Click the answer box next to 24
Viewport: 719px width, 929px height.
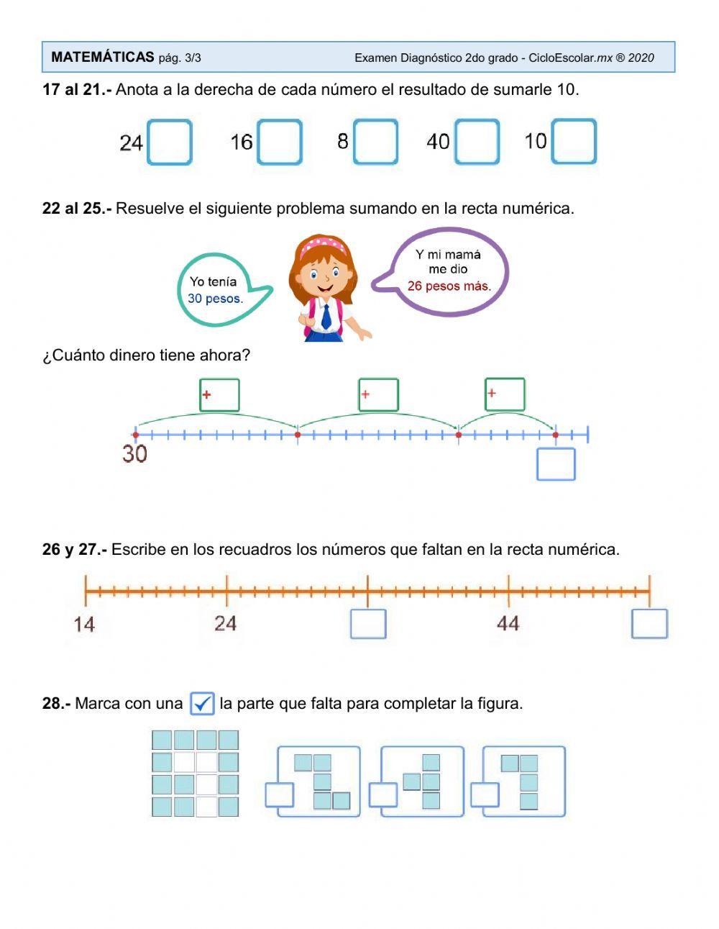coord(170,142)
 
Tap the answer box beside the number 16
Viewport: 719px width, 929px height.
coord(280,142)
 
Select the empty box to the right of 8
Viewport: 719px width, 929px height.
coord(375,142)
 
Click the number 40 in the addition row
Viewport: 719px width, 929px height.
coord(438,141)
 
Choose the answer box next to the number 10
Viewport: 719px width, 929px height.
coord(574,142)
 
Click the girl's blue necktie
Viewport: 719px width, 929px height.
coord(326,316)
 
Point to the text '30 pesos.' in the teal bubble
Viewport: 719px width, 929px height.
coord(215,299)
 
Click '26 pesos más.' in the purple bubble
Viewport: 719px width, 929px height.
coord(449,286)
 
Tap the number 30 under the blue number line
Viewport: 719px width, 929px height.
coord(134,454)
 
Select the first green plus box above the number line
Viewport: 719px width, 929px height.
coord(219,395)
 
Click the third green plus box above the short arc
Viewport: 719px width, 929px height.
coord(505,394)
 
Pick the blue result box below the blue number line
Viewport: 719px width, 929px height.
coord(556,464)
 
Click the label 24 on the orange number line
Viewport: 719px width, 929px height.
coord(225,623)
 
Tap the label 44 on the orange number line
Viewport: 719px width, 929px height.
coord(508,623)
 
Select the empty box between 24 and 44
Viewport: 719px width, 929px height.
coord(368,624)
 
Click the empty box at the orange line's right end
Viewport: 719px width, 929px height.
coord(649,624)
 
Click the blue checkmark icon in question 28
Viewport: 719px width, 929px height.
coord(202,703)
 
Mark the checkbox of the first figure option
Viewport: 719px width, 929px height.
coord(279,795)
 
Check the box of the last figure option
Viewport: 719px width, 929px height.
coord(485,795)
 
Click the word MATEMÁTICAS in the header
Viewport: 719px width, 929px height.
coord(103,57)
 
